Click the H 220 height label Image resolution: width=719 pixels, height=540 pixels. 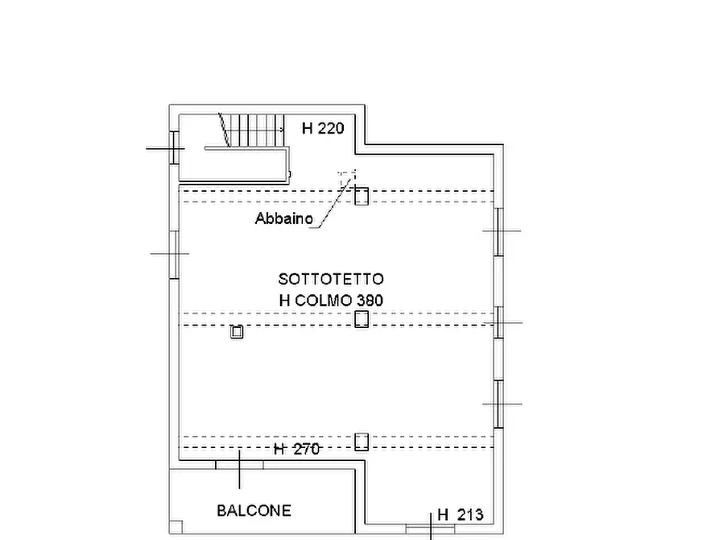click(323, 127)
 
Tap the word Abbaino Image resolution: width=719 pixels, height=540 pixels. click(284, 218)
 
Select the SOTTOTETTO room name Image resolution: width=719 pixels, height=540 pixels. click(331, 279)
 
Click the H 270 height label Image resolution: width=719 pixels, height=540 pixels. click(296, 450)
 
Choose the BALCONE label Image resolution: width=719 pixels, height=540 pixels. click(254, 510)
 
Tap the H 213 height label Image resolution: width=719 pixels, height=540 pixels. click(460, 515)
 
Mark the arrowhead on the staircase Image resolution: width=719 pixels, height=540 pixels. click(282, 127)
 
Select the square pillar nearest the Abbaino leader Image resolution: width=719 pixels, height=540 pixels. click(362, 195)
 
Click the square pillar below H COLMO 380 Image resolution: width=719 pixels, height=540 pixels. click(362, 319)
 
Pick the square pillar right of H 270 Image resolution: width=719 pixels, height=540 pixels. click(362, 441)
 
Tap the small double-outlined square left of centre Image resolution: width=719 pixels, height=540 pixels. click(237, 331)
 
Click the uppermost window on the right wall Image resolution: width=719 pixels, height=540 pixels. click(499, 231)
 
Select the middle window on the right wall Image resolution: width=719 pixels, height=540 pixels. click(499, 322)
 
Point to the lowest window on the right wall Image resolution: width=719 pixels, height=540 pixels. click(499, 404)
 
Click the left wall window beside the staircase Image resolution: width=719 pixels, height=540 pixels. click(173, 148)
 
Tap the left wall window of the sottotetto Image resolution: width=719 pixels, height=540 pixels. click(173, 254)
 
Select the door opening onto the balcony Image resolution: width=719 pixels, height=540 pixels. click(239, 463)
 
